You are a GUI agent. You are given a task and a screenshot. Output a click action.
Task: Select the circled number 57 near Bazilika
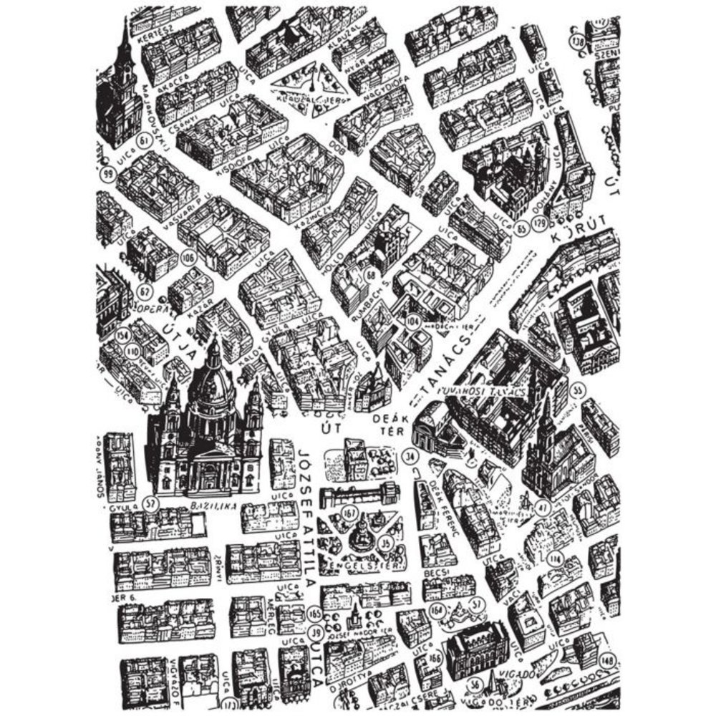pos(150,503)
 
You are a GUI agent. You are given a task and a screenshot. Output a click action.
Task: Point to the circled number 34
pos(410,455)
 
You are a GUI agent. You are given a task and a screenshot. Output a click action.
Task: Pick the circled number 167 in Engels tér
pos(350,513)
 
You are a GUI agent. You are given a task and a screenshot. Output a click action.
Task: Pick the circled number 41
pos(543,508)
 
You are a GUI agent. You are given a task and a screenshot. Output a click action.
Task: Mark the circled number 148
pos(608,659)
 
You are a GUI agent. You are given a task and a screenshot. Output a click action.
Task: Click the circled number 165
pos(314,613)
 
